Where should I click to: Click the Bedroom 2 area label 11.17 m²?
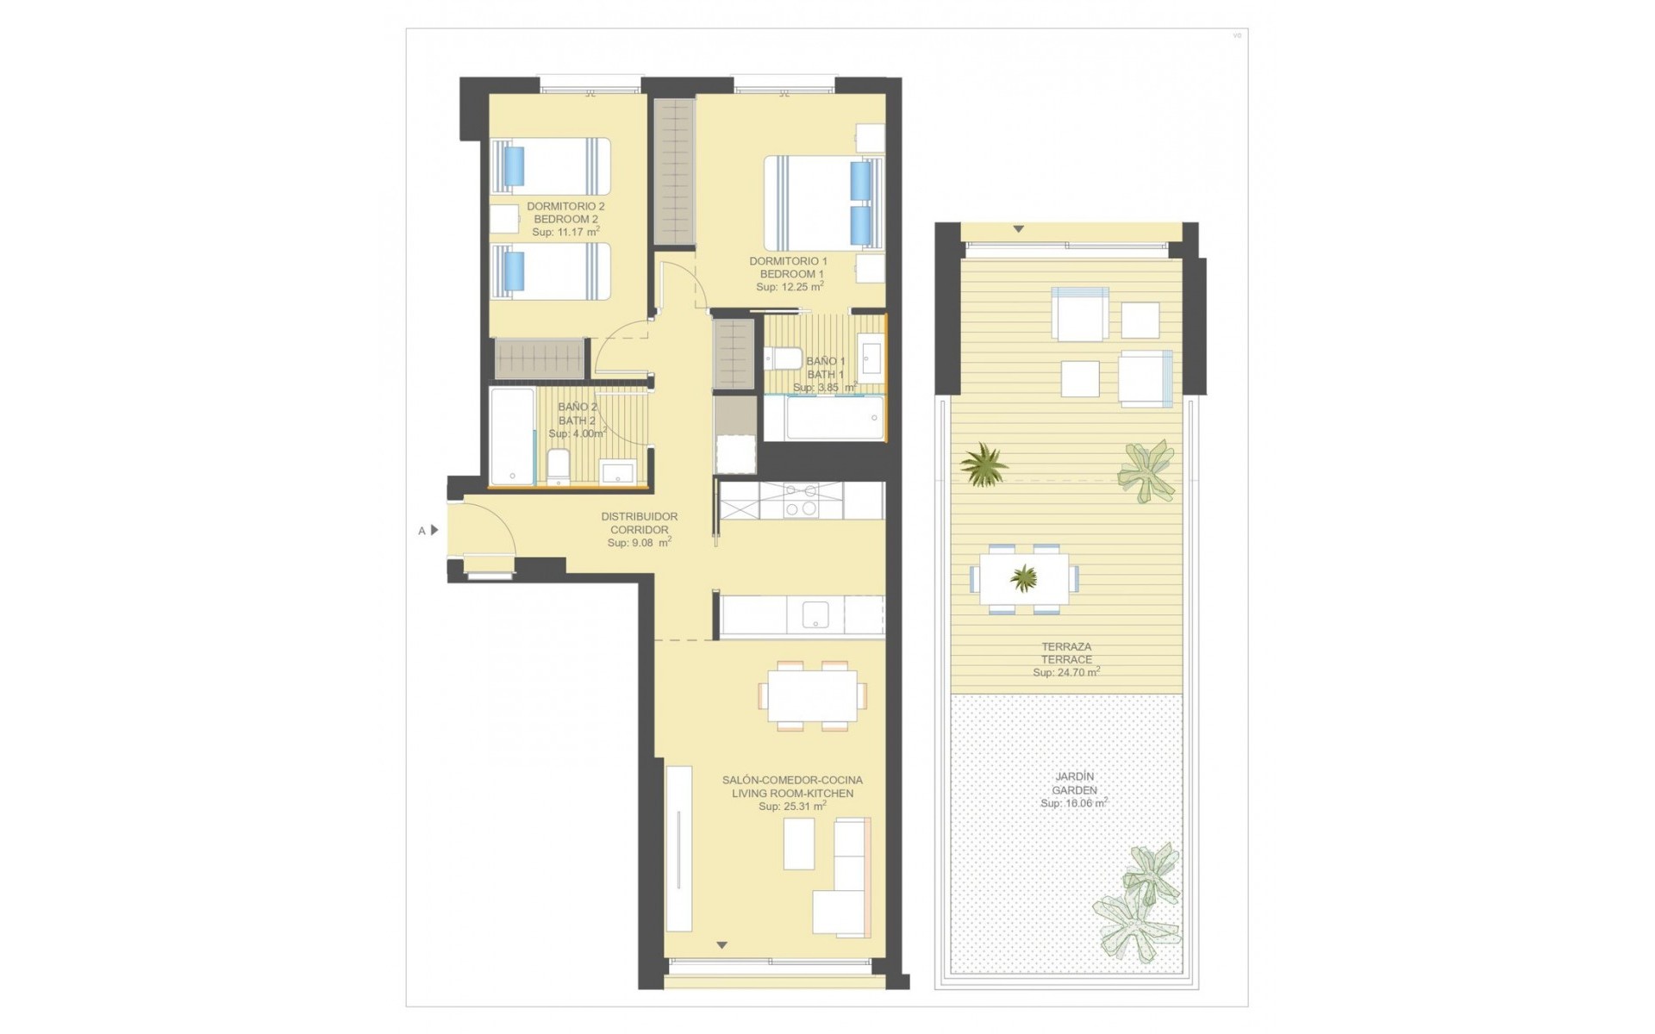pyautogui.click(x=565, y=232)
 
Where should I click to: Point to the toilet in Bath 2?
pyautogui.click(x=558, y=466)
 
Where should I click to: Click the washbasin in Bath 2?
pyautogui.click(x=616, y=472)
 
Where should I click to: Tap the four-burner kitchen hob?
pyautogui.click(x=800, y=501)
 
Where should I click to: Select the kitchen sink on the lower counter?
pyautogui.click(x=815, y=615)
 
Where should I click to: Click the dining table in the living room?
pyautogui.click(x=812, y=695)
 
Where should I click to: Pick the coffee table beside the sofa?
pyautogui.click(x=799, y=844)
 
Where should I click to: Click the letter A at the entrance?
pyautogui.click(x=422, y=531)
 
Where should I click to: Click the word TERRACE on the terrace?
pyautogui.click(x=1066, y=659)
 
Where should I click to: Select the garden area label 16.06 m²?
pyautogui.click(x=1073, y=803)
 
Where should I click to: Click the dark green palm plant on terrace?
pyautogui.click(x=984, y=465)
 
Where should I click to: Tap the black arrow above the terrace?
pyautogui.click(x=1018, y=229)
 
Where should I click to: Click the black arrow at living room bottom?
pyautogui.click(x=722, y=945)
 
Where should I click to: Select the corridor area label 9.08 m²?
pyautogui.click(x=639, y=543)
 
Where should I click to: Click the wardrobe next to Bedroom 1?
pyautogui.click(x=674, y=172)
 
